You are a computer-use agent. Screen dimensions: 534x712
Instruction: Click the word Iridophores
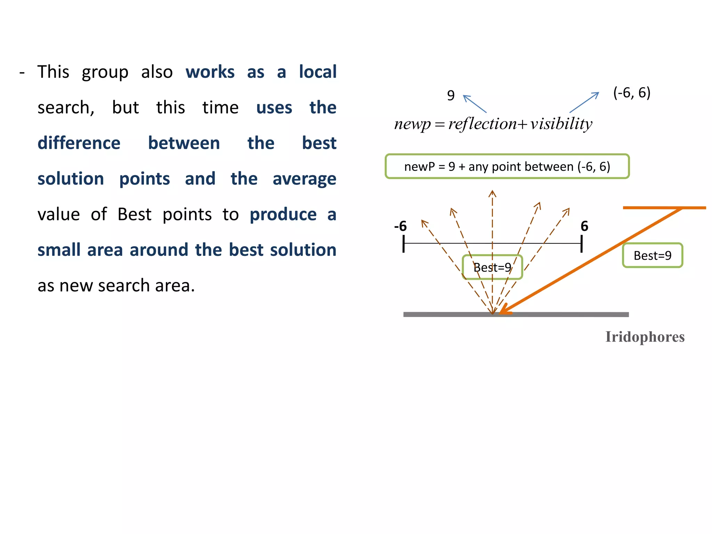coord(645,337)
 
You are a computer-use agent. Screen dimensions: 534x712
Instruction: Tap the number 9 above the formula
coord(451,95)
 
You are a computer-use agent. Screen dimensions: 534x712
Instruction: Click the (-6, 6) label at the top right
coord(632,93)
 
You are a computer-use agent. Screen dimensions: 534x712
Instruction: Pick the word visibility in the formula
coord(561,124)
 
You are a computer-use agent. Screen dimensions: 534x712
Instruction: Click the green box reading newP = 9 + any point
coord(507,167)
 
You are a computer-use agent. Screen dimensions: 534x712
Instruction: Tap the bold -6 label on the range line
coord(400,226)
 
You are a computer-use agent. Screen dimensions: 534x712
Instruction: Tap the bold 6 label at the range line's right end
coord(584,226)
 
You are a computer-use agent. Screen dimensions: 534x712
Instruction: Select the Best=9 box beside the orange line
coord(652,256)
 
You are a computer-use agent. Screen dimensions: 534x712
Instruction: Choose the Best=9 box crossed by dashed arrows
coord(492,267)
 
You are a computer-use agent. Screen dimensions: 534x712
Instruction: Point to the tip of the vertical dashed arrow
coord(492,192)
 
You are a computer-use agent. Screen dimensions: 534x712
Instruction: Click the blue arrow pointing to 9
coord(475,104)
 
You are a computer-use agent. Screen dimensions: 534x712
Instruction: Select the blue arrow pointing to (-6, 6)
coord(584,102)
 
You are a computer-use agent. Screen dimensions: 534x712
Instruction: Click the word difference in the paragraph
coord(79,143)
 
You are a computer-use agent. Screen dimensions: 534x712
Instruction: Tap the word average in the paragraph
coord(304,179)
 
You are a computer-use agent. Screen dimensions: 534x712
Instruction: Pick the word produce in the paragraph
coord(283,215)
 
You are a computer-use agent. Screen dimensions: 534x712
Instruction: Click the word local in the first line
coord(318,72)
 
